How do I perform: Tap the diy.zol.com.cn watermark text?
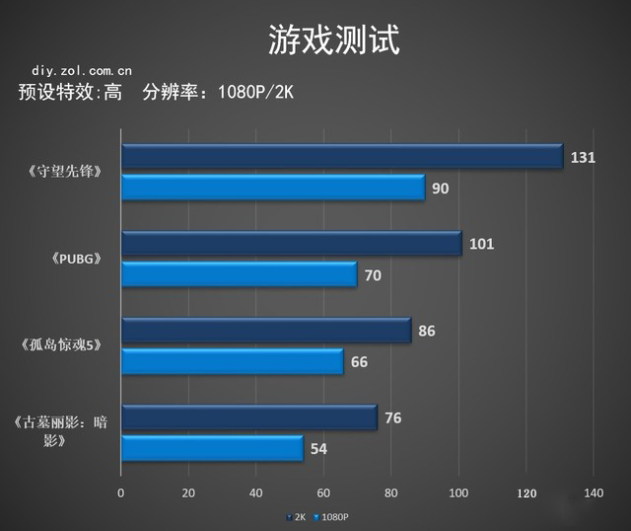82,71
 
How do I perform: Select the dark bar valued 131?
341,156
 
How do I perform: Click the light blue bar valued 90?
273,188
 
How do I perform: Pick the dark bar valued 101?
291,243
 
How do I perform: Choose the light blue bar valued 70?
239,274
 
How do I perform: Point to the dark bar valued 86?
266,331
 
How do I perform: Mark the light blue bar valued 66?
232,361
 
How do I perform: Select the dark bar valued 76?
248,417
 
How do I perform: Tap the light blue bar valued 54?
212,449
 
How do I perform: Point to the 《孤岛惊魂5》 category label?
67,345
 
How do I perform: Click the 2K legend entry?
296,516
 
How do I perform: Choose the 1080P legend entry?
331,516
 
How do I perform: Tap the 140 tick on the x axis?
593,493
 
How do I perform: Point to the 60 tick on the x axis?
323,493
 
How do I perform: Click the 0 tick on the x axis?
121,493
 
